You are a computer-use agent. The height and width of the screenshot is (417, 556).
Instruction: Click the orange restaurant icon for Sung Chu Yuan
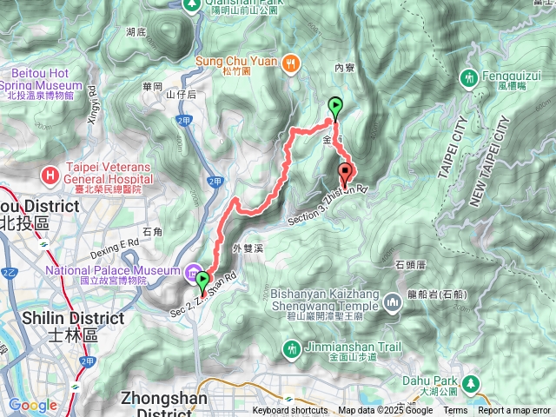coord(294,62)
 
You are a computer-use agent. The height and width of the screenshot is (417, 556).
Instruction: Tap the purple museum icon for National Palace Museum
coord(190,273)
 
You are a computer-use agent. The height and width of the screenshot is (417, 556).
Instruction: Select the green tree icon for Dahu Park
coord(472,382)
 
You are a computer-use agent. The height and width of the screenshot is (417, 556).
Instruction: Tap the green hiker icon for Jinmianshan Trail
coord(291,348)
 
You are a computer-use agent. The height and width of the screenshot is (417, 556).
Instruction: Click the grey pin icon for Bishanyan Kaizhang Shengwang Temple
coord(392,304)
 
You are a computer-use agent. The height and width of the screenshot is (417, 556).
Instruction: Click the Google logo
coord(32,406)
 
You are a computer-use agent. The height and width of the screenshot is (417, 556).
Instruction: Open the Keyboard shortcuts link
coord(290,411)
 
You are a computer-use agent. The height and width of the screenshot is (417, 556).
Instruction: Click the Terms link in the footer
coord(455,411)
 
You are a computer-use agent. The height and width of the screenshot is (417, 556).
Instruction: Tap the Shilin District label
coord(52,317)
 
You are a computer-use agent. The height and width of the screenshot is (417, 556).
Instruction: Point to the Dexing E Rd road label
coord(115,248)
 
